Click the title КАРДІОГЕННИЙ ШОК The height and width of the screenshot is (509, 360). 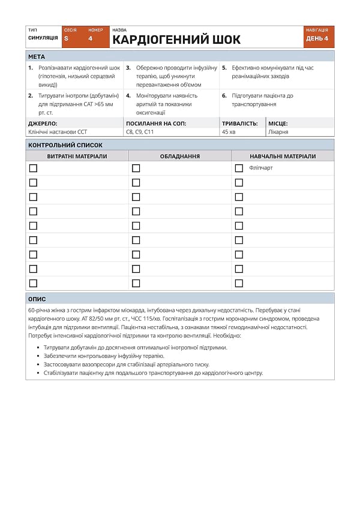pyautogui.click(x=176, y=40)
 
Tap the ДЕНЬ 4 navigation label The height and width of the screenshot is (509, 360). pyautogui.click(x=317, y=38)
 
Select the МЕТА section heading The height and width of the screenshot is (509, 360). pyautogui.click(x=37, y=56)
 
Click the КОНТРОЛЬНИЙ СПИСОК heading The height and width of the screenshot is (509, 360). pyautogui.click(x=65, y=145)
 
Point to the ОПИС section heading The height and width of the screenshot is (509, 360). pyautogui.click(x=37, y=299)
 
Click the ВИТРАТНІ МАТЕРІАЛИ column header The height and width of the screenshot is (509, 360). pyautogui.click(x=77, y=156)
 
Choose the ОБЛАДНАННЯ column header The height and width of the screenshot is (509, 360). pyautogui.click(x=180, y=156)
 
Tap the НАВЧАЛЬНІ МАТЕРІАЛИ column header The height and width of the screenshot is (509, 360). pyautogui.click(x=283, y=156)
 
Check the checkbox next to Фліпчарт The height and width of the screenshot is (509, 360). pyautogui.click(x=239, y=168)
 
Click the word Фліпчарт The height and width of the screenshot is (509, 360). pyautogui.click(x=261, y=168)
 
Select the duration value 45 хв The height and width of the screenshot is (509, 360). pyautogui.click(x=229, y=131)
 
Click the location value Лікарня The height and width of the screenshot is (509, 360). pyautogui.click(x=278, y=131)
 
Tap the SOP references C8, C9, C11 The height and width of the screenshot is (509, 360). pyautogui.click(x=140, y=131)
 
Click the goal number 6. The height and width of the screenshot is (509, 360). pyautogui.click(x=224, y=95)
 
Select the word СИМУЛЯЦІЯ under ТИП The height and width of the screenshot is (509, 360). pyautogui.click(x=43, y=38)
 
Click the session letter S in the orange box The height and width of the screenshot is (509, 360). pyautogui.click(x=66, y=38)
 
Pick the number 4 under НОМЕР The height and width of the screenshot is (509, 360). pyautogui.click(x=91, y=38)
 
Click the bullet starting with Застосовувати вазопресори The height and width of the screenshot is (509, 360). pyautogui.click(x=127, y=364)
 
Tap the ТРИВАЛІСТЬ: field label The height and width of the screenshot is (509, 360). pyautogui.click(x=240, y=124)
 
